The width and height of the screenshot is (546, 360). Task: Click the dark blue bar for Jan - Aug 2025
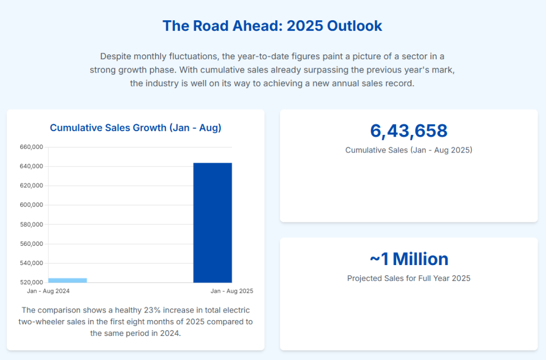(212, 222)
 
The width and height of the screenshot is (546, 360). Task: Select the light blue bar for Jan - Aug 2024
(68, 280)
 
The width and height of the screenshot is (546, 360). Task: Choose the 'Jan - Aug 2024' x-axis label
(49, 291)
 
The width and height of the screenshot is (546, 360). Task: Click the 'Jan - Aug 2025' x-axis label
(232, 291)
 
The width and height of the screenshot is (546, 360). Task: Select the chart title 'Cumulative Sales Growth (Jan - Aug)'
(135, 128)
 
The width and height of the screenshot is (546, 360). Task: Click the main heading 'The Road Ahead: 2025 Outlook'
(272, 26)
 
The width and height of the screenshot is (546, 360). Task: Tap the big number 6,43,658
(408, 131)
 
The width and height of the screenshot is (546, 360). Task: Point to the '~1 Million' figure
(408, 259)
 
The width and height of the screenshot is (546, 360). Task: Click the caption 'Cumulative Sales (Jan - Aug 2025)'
(408, 150)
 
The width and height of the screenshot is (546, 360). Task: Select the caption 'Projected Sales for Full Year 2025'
(408, 278)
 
